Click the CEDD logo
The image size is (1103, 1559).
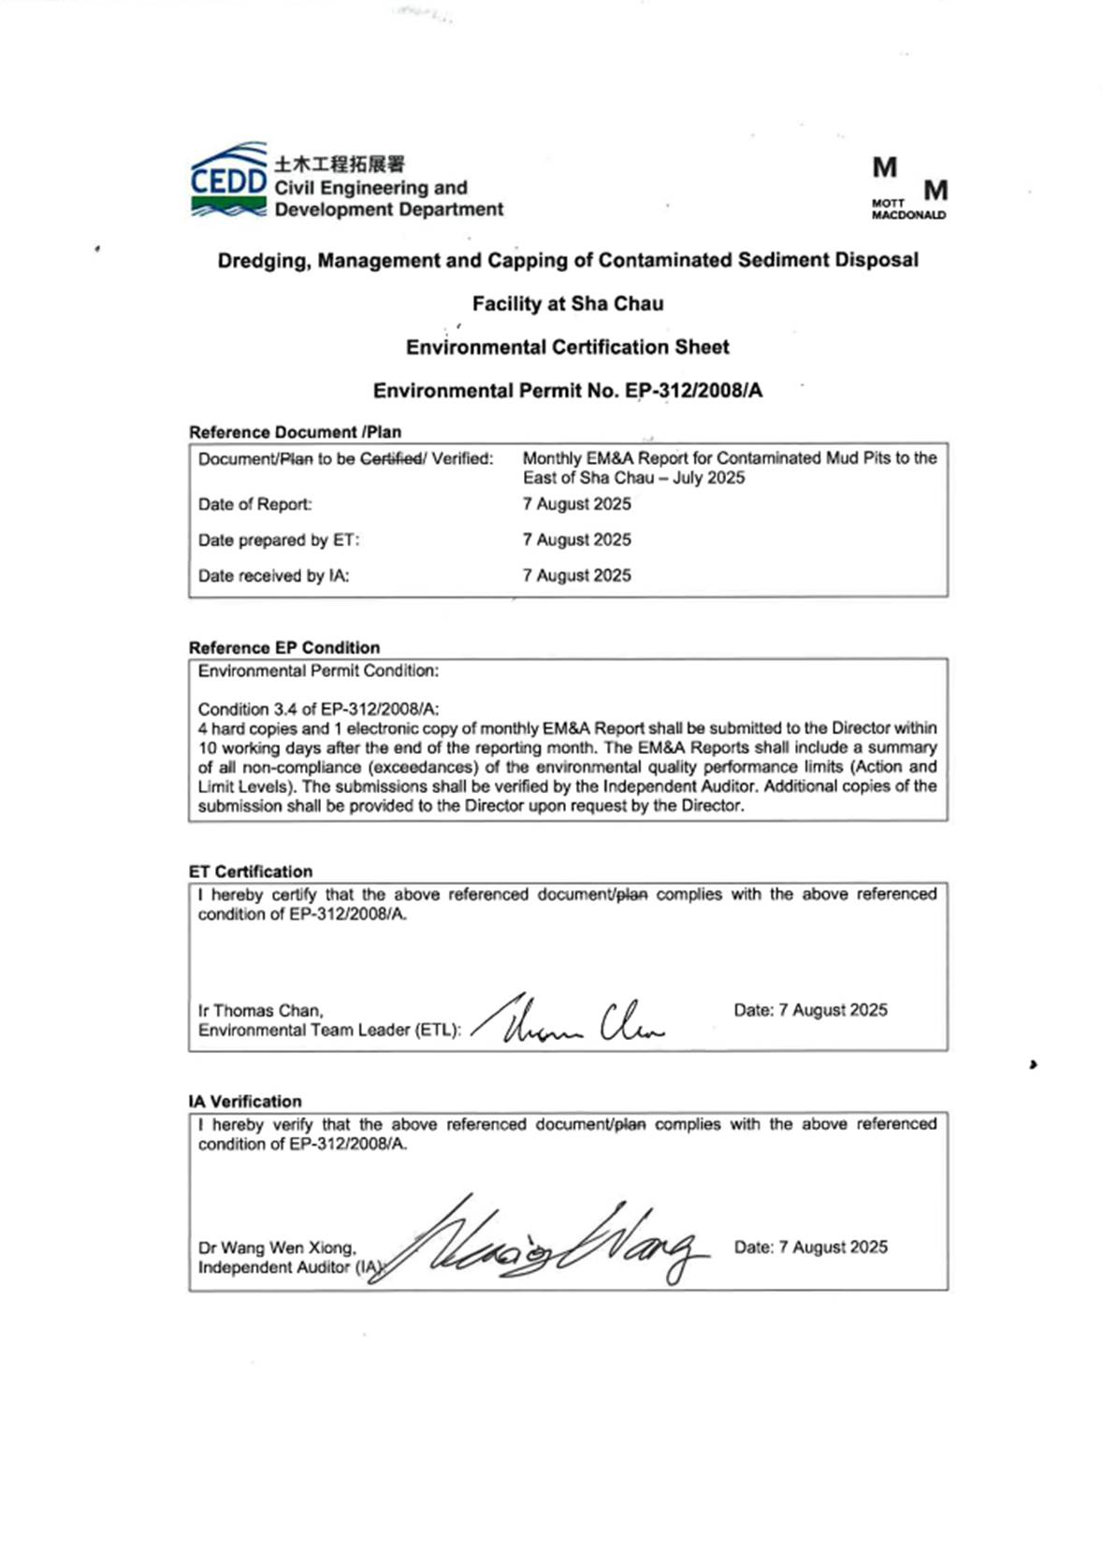(229, 180)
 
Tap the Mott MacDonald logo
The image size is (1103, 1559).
(908, 189)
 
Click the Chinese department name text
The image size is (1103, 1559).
(340, 164)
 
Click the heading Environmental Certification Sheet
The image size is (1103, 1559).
(567, 347)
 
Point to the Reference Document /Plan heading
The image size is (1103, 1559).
(295, 432)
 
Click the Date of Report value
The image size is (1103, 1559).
(576, 504)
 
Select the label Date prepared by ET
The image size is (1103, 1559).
(278, 541)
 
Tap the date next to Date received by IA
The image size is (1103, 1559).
(576, 576)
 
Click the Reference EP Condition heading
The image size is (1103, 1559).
(284, 647)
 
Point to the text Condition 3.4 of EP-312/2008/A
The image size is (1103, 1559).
(318, 709)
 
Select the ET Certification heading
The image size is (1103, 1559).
(251, 871)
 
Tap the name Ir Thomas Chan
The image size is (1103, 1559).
(260, 1011)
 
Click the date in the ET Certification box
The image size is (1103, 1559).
(810, 1010)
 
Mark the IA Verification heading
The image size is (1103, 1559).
(245, 1101)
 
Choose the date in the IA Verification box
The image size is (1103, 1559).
(810, 1247)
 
